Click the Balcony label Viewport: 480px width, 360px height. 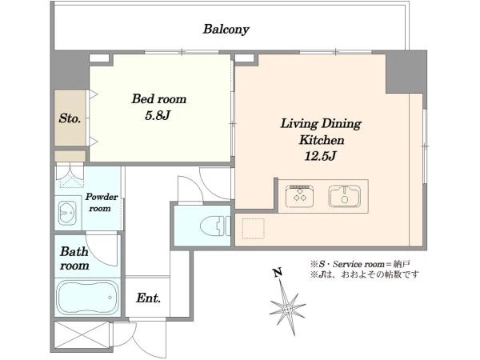(226, 30)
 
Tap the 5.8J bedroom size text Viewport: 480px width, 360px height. (158, 115)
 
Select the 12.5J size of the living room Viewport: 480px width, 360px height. (321, 156)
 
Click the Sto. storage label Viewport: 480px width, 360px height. (70, 118)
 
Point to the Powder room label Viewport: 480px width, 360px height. (101, 202)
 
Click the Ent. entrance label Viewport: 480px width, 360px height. (148, 298)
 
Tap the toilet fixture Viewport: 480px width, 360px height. (215, 226)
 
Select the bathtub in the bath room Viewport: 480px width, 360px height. (87, 298)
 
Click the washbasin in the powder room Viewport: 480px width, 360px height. (68, 213)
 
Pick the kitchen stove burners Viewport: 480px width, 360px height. (300, 196)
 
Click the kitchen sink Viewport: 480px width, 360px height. (345, 196)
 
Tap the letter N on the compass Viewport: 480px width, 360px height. (278, 273)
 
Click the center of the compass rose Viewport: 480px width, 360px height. (287, 308)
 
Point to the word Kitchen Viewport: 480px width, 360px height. (322, 140)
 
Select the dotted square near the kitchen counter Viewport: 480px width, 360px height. (253, 229)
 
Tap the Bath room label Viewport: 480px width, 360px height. (74, 258)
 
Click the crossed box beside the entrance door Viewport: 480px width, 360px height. (82, 334)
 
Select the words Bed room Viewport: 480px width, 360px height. (159, 99)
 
